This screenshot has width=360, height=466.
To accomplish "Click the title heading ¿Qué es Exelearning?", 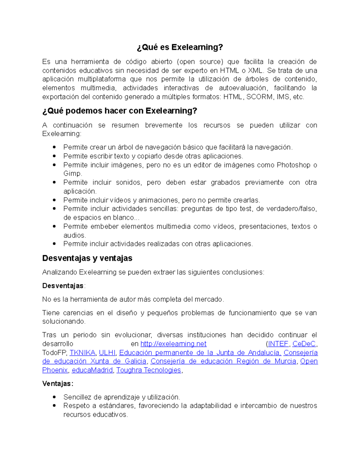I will [x=180, y=47].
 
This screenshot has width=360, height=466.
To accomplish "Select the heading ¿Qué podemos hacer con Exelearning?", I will [x=120, y=111].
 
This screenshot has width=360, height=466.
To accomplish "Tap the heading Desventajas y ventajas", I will [x=87, y=258].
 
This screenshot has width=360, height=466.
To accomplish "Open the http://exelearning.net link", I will [x=173, y=344].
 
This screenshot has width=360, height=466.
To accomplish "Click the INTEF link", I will [x=278, y=344].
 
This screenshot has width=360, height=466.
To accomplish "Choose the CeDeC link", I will [x=304, y=344].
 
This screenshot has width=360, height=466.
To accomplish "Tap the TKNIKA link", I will [x=82, y=353].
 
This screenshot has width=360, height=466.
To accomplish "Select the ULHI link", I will [x=107, y=353].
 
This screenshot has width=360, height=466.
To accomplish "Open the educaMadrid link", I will [x=92, y=370].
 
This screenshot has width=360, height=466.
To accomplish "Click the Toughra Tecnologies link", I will [x=149, y=370].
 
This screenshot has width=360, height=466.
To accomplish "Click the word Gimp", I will [x=72, y=174].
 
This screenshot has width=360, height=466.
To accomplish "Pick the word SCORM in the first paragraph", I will [x=259, y=97].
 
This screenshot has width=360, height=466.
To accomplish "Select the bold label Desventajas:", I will [x=63, y=286].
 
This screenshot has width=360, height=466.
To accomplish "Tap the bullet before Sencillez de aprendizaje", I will [x=54, y=397].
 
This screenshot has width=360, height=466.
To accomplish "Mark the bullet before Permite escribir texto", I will [x=54, y=156].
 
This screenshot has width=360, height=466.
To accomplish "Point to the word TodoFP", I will [x=55, y=353].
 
